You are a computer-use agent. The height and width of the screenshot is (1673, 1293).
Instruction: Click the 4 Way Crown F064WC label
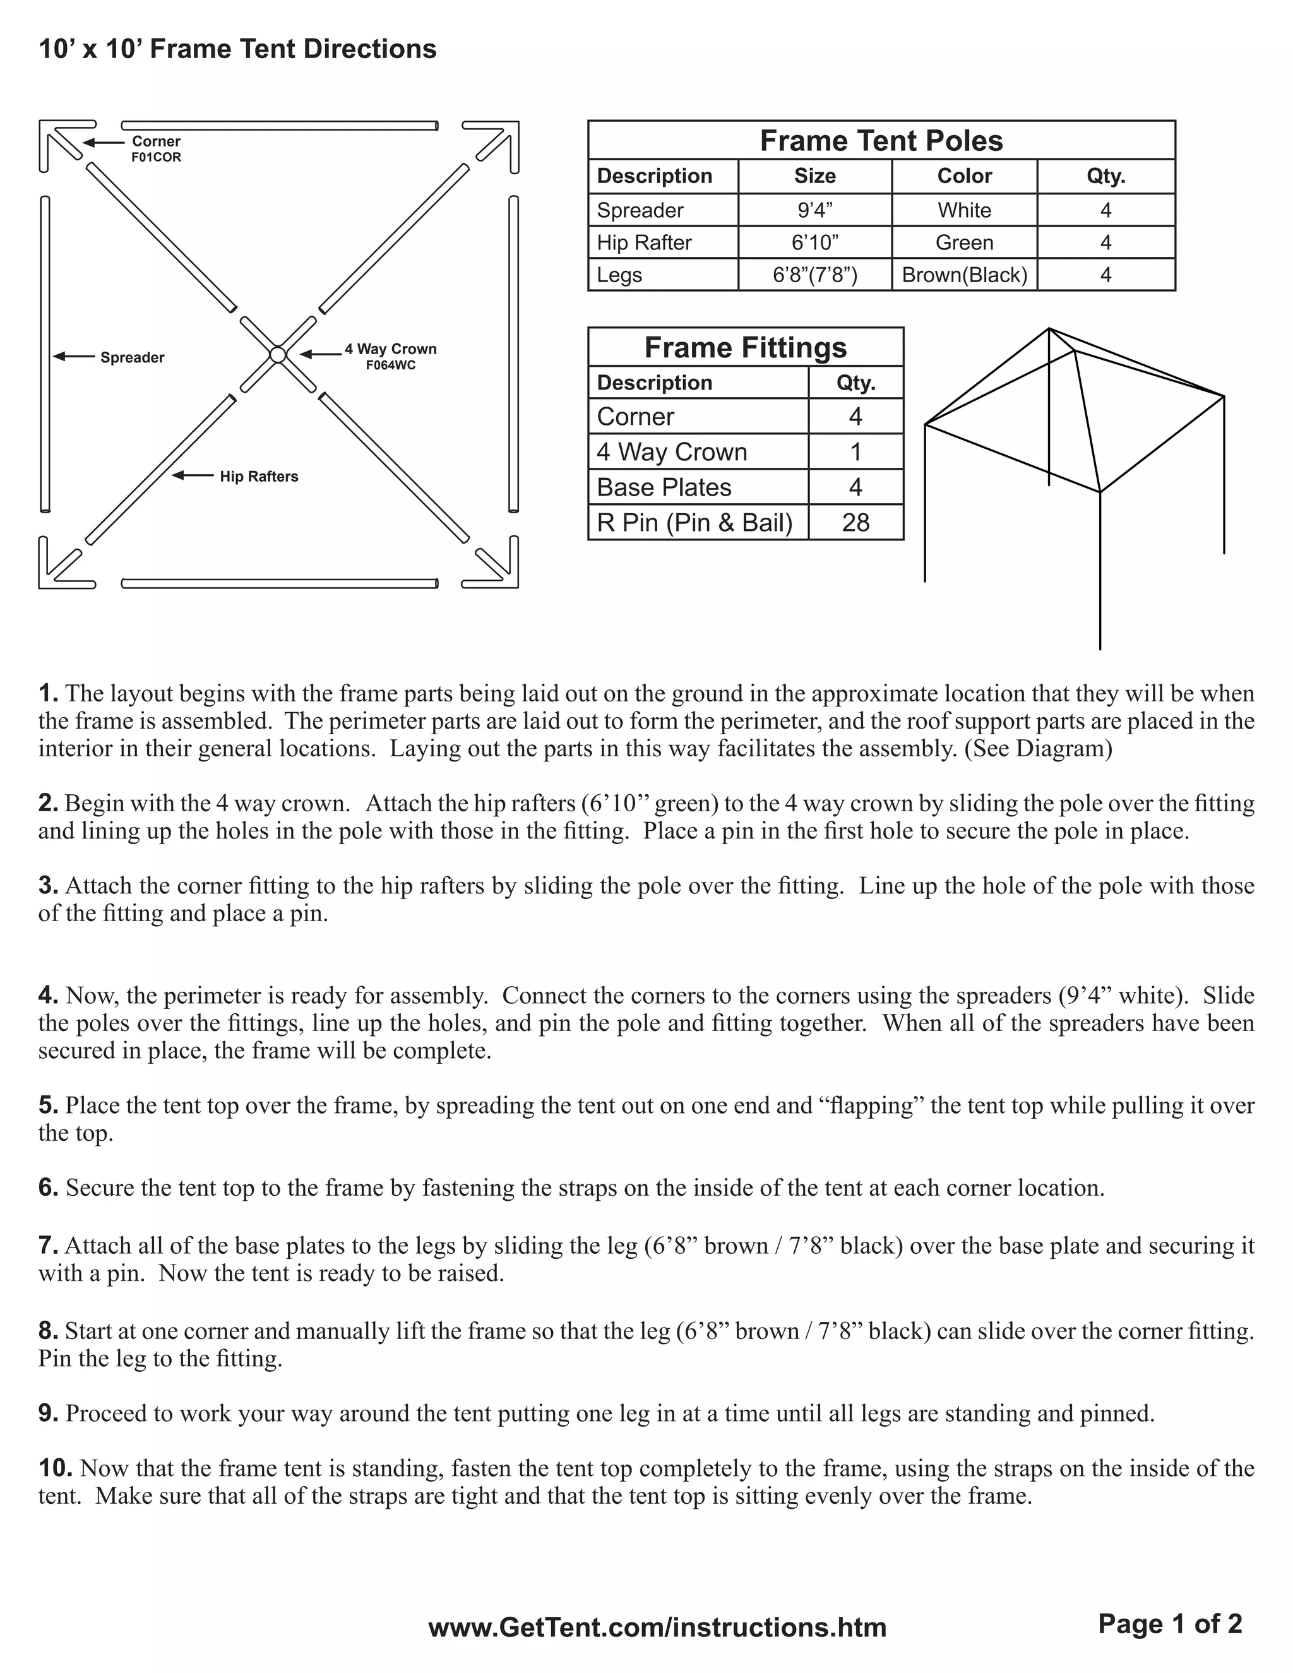click(390, 356)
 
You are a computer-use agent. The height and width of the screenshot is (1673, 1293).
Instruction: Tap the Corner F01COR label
click(157, 148)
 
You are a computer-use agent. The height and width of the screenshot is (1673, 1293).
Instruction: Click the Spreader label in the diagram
click(132, 358)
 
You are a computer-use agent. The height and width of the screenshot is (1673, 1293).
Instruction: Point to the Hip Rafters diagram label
click(259, 477)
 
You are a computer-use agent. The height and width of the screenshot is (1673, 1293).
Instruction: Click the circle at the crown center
click(278, 355)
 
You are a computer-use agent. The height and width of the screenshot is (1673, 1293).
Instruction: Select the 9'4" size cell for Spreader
click(814, 210)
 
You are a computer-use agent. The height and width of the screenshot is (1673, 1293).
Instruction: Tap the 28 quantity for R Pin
click(855, 523)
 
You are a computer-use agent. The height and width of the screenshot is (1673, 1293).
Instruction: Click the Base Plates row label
click(664, 487)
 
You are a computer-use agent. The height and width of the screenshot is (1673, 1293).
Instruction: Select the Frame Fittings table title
click(746, 348)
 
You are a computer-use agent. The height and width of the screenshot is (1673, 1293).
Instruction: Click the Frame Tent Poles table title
click(881, 141)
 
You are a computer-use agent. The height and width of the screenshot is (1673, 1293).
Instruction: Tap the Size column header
click(814, 176)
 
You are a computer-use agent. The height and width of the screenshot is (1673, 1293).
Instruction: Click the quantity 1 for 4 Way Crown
click(855, 452)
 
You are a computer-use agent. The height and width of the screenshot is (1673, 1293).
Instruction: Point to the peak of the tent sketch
click(1049, 330)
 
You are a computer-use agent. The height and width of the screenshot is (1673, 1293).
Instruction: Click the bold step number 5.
click(48, 1105)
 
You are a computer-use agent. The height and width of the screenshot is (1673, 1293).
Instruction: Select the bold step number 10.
click(55, 1468)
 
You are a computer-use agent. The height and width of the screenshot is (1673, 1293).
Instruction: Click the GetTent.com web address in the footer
click(657, 1627)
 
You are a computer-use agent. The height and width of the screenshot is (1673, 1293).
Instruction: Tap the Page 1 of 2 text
click(1170, 1623)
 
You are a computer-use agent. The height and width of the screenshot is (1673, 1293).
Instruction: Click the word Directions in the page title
click(370, 49)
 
